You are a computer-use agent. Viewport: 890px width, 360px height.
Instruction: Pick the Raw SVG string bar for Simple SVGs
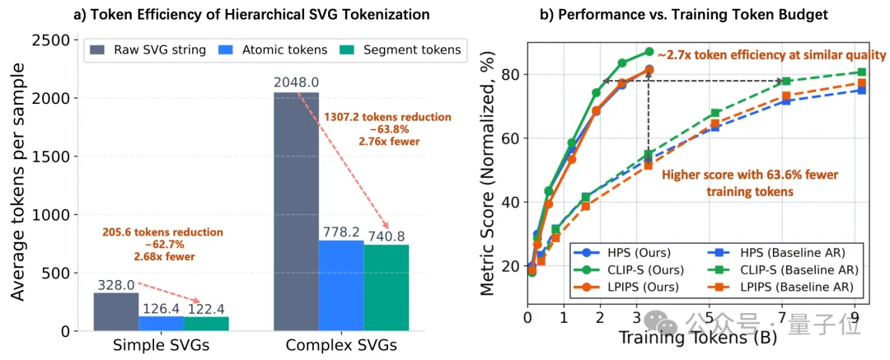point(115,312)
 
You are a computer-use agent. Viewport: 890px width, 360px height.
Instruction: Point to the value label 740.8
point(387,234)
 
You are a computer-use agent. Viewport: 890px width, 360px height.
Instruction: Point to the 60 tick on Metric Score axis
point(510,138)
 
